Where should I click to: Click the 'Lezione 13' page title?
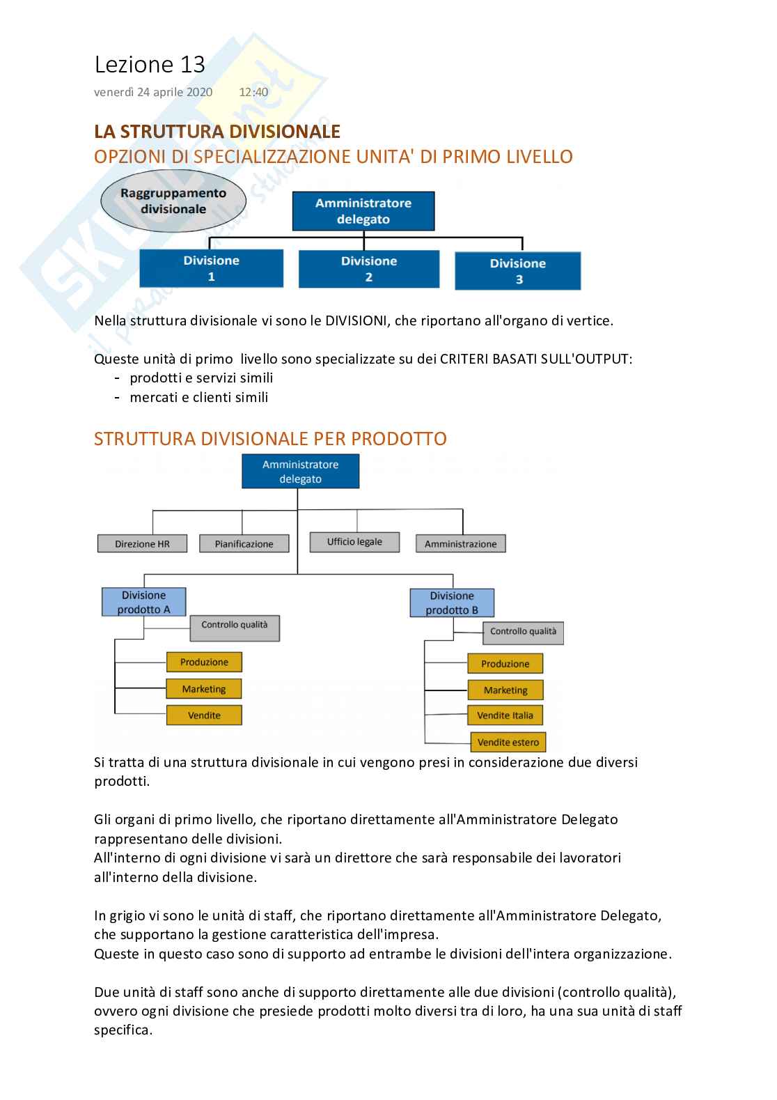(x=150, y=65)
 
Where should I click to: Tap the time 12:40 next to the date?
(x=253, y=92)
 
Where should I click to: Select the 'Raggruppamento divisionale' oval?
(x=173, y=201)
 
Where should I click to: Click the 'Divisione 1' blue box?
(x=211, y=268)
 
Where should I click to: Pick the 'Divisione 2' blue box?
(x=369, y=269)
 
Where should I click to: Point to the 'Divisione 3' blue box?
(x=517, y=271)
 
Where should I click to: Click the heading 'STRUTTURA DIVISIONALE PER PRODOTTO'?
(x=270, y=439)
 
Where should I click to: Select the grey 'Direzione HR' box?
(x=142, y=544)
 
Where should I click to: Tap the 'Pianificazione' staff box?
(x=244, y=544)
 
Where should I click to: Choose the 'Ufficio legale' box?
(x=354, y=542)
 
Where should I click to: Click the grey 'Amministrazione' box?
(x=460, y=544)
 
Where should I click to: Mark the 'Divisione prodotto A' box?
(x=144, y=602)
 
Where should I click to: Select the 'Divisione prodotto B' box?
(x=452, y=603)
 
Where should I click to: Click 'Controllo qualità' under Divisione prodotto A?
(x=235, y=627)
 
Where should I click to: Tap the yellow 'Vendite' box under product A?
(x=204, y=715)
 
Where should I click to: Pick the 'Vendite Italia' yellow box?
(x=505, y=715)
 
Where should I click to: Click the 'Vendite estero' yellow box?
(x=508, y=743)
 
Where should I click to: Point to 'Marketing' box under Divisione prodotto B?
(x=505, y=690)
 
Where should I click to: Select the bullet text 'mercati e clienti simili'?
(x=198, y=398)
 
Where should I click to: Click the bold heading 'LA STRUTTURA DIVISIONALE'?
(x=217, y=132)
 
